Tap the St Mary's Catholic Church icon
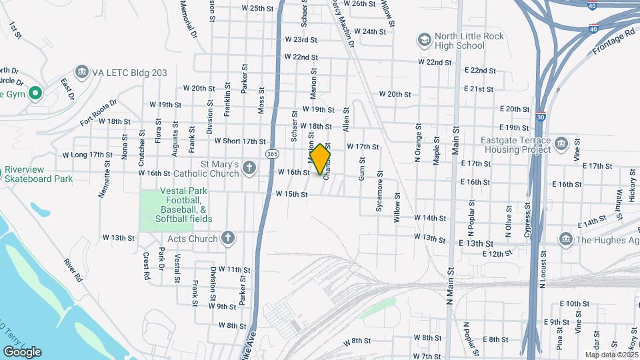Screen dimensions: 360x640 coord(249,167)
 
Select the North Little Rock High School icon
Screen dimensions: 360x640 coord(424,40)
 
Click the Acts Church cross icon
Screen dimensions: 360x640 coord(228,238)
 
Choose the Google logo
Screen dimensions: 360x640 coord(22,351)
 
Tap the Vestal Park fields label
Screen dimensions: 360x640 coord(177,205)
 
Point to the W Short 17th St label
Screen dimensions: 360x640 coord(240,141)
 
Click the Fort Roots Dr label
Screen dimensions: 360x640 coord(98,111)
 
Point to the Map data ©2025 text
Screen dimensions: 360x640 coord(610,355)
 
